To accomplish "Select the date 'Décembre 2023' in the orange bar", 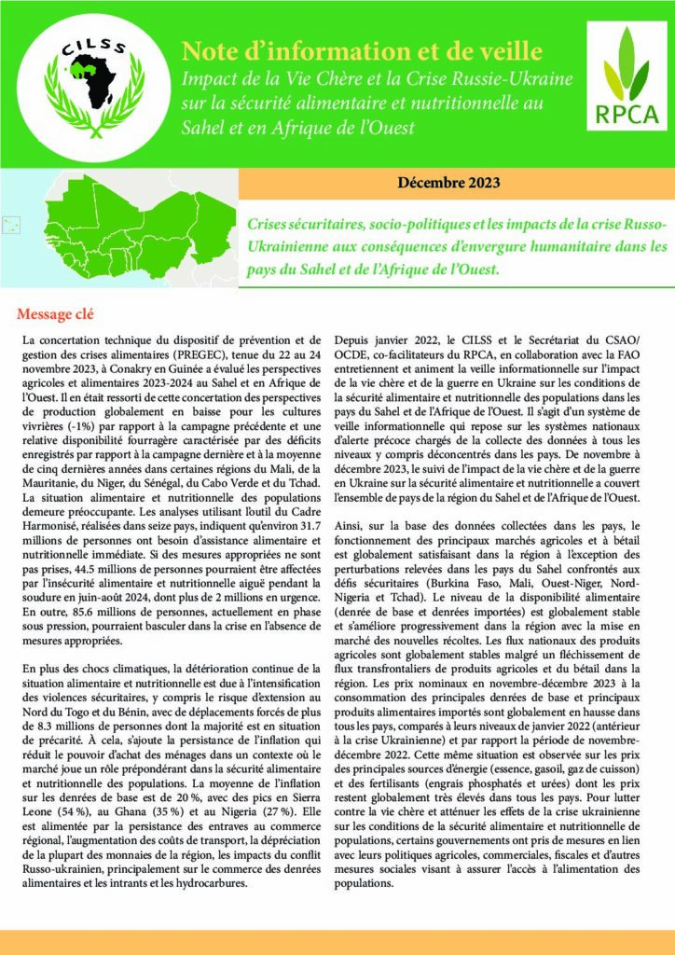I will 448,182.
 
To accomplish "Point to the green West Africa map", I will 112,228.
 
